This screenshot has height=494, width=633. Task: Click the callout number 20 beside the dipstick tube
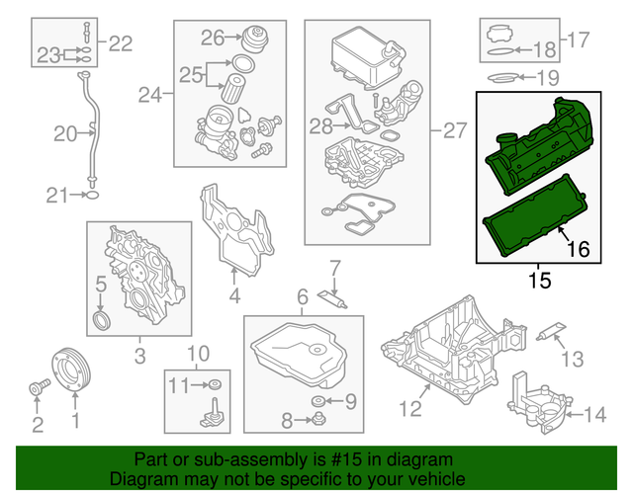coord(64,133)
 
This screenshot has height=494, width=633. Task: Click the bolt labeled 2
coord(37,389)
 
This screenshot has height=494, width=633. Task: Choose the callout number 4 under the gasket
coord(233,295)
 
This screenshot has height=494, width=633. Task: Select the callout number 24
coord(149,96)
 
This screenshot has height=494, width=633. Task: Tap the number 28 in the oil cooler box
coord(320,126)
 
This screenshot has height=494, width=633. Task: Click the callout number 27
coord(453,128)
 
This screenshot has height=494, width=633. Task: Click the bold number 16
coord(582,251)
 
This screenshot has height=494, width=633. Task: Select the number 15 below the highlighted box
coord(539,280)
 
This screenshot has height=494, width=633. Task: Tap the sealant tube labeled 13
coord(549,334)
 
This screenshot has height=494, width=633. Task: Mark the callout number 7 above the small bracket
coord(334,267)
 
